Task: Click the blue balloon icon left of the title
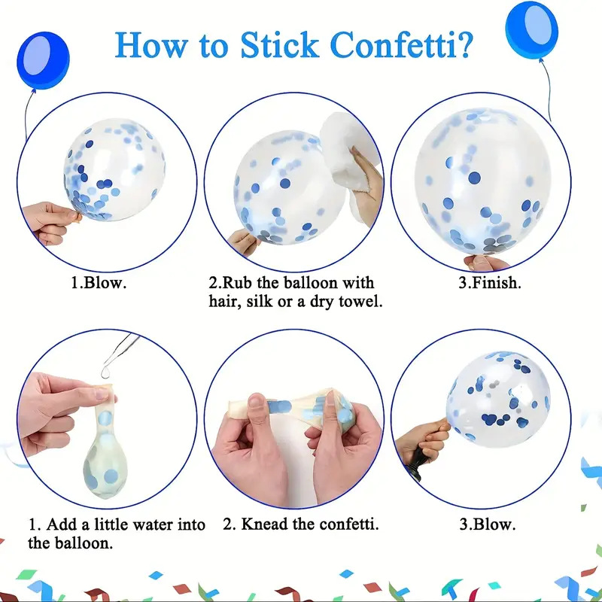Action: tap(43, 60)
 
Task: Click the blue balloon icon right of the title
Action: tap(531, 29)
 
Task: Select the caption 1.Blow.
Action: tap(99, 283)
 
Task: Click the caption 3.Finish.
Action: tap(490, 283)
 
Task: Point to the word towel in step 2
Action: tap(360, 302)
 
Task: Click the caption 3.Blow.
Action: tap(487, 524)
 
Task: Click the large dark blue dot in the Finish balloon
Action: tap(475, 178)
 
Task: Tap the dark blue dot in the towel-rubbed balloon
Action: tap(284, 184)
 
